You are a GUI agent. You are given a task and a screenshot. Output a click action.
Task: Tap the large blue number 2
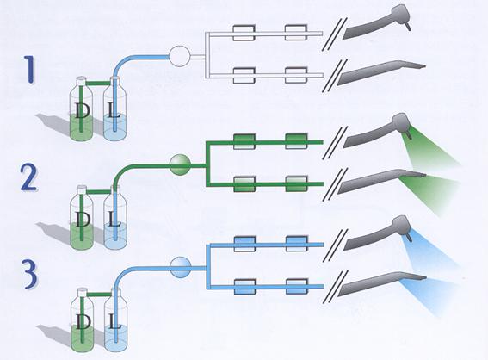point(28,177)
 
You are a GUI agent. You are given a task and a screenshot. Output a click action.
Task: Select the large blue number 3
point(29,276)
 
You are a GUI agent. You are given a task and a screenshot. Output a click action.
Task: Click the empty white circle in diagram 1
point(179,56)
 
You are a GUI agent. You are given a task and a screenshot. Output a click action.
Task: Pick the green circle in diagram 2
point(180,164)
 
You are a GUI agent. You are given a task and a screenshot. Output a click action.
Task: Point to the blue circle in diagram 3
point(180,268)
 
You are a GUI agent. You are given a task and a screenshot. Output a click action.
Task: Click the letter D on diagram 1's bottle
point(83,111)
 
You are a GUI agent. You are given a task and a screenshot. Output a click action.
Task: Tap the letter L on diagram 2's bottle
point(114,220)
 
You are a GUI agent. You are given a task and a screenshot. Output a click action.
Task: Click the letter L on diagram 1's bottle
point(114,111)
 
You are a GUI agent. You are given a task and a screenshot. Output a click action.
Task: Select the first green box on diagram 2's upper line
point(244,142)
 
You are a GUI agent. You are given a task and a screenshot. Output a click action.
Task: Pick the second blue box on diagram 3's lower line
point(297,286)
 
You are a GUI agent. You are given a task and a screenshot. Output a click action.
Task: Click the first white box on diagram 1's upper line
point(244,33)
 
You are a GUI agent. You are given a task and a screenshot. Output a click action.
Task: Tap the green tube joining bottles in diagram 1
point(98,83)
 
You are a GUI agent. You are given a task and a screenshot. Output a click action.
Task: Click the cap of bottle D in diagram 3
point(82,292)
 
